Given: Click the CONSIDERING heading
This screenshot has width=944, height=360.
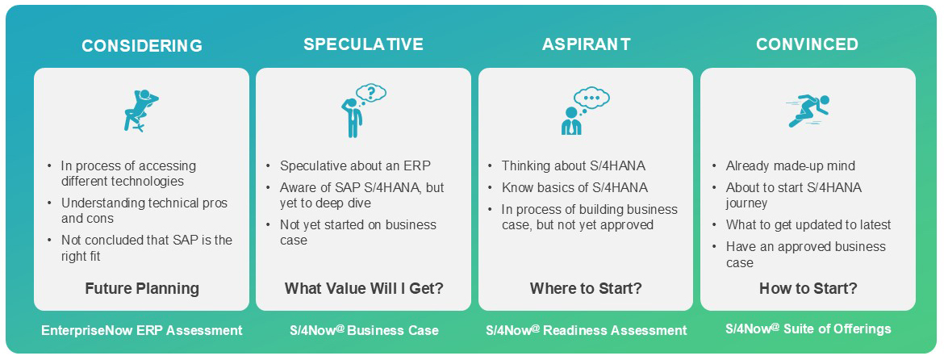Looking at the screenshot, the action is [x=142, y=46].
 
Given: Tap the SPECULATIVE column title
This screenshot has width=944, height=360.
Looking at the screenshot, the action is [x=364, y=44].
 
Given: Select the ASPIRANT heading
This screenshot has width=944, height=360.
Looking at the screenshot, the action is [x=587, y=44].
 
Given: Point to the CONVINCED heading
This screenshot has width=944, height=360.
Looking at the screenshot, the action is [x=808, y=44].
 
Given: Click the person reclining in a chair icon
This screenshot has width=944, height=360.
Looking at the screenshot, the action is [x=140, y=110].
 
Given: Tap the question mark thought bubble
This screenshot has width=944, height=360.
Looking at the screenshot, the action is [x=371, y=94].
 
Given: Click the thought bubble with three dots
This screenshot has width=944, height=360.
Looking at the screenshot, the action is [x=591, y=97].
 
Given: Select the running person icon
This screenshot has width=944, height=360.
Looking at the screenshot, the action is [x=808, y=111].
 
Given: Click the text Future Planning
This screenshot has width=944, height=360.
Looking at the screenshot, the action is [x=142, y=288].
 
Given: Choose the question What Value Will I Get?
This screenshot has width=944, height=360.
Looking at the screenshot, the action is [x=364, y=288].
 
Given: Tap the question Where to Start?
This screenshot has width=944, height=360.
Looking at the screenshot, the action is [x=586, y=288].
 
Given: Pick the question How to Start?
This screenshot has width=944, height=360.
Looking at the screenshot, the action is [x=808, y=288].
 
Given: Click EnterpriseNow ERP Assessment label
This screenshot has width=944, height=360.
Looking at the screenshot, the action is [x=142, y=330].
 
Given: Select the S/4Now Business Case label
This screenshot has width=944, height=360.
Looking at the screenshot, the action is [x=364, y=330].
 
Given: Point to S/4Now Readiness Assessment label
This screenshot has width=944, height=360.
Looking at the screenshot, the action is [x=587, y=330].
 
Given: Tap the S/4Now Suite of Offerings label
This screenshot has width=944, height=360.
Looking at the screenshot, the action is [x=808, y=329].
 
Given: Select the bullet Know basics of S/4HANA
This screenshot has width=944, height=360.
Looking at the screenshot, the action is [x=567, y=188].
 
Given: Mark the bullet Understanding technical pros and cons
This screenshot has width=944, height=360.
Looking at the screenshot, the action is [x=138, y=210].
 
